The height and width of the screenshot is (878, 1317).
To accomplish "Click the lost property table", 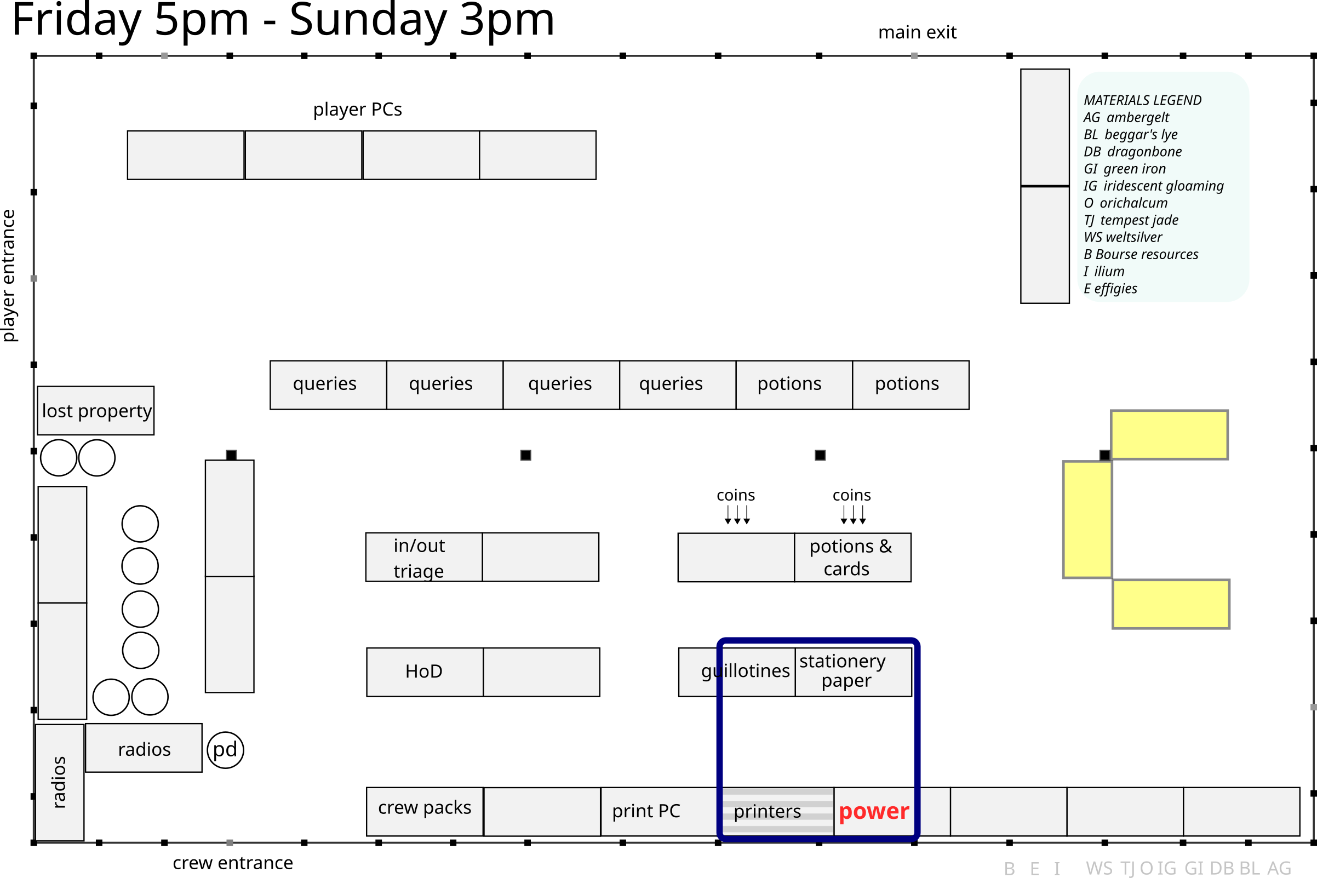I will tap(96, 410).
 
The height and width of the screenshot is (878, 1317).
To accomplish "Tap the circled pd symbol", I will tap(225, 750).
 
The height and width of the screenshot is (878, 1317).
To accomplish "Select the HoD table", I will tap(425, 672).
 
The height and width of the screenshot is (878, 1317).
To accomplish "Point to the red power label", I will tap(873, 811).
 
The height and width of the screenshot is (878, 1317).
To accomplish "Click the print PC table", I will tap(658, 811).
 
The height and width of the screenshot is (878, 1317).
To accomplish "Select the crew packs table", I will tap(425, 811).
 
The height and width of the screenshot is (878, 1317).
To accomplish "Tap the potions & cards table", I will tap(852, 558).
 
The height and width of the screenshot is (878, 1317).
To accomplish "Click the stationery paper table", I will tap(853, 672).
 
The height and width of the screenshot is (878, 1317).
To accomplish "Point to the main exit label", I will tap(917, 32).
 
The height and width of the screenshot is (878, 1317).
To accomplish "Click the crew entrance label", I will tap(232, 863).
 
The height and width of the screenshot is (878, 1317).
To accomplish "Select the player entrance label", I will tap(9, 276).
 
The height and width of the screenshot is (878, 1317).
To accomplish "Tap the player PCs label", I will tap(357, 109).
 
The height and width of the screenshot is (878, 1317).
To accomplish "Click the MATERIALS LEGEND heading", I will tap(1142, 100).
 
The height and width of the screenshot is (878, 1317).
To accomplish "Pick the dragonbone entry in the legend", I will tap(1133, 152).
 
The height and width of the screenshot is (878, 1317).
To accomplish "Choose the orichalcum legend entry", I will tap(1125, 203).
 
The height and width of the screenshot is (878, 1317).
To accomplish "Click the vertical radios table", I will tap(59, 782).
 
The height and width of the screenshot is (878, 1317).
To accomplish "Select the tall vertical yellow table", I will tap(1087, 520).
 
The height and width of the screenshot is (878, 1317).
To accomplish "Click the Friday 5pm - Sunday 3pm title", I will tap(283, 20).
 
